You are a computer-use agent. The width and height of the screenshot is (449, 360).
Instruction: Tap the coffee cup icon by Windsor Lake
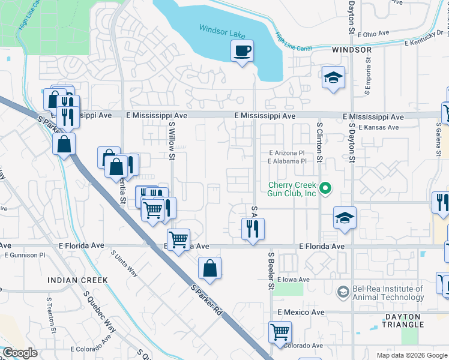click(x=242, y=51)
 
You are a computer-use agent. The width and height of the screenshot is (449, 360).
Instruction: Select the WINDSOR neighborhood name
click(x=351, y=50)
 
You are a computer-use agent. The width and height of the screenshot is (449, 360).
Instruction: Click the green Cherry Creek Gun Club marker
click(x=325, y=189)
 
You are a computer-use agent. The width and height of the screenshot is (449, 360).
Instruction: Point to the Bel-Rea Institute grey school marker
click(x=343, y=292)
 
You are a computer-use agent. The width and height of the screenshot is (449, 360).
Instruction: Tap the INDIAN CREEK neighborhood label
click(x=78, y=280)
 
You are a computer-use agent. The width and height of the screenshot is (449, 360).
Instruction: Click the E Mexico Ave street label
click(x=300, y=313)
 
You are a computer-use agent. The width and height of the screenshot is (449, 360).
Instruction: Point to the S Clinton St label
click(x=320, y=142)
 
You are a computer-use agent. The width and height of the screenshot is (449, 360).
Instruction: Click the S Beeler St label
click(x=271, y=270)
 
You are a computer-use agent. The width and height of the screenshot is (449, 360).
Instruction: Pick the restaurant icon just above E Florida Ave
click(x=253, y=229)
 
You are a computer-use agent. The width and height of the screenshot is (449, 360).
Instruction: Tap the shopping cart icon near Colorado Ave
click(x=280, y=332)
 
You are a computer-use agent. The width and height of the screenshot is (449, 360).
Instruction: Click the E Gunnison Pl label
click(x=25, y=255)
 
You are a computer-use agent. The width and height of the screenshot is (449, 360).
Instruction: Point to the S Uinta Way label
click(x=124, y=263)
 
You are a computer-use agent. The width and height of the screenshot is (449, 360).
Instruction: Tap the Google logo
click(x=20, y=353)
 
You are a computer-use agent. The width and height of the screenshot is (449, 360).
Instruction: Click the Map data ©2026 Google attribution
click(x=411, y=355)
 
